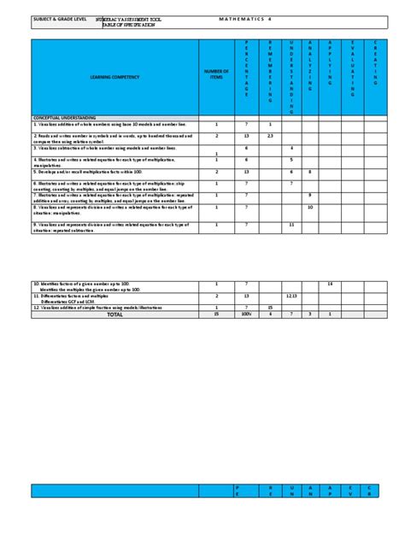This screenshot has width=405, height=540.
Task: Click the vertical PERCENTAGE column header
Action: (x=246, y=68)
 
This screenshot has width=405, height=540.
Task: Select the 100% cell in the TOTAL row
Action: (x=246, y=314)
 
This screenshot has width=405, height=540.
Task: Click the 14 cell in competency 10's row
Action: (x=331, y=283)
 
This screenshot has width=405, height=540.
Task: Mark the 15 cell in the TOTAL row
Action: (x=216, y=314)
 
